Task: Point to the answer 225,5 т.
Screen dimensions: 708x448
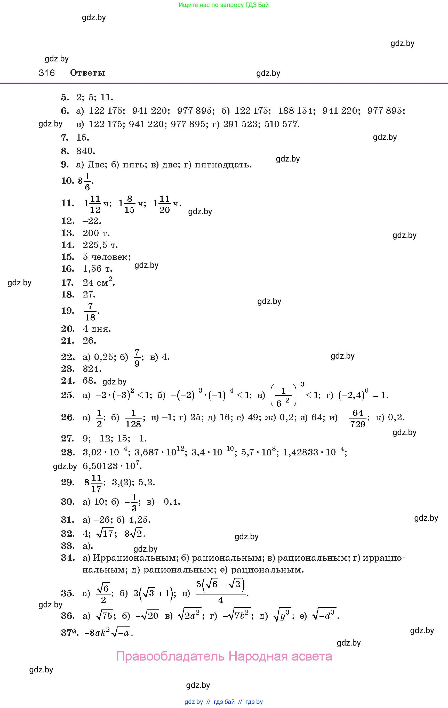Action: coord(100,245)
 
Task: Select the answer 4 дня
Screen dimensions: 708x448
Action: coord(97,329)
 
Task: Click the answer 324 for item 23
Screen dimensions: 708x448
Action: coord(92,369)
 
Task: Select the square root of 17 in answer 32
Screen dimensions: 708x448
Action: coord(105,534)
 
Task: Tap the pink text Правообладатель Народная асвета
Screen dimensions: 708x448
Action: coord(224,656)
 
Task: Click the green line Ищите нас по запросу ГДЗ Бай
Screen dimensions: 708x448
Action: coord(223,5)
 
